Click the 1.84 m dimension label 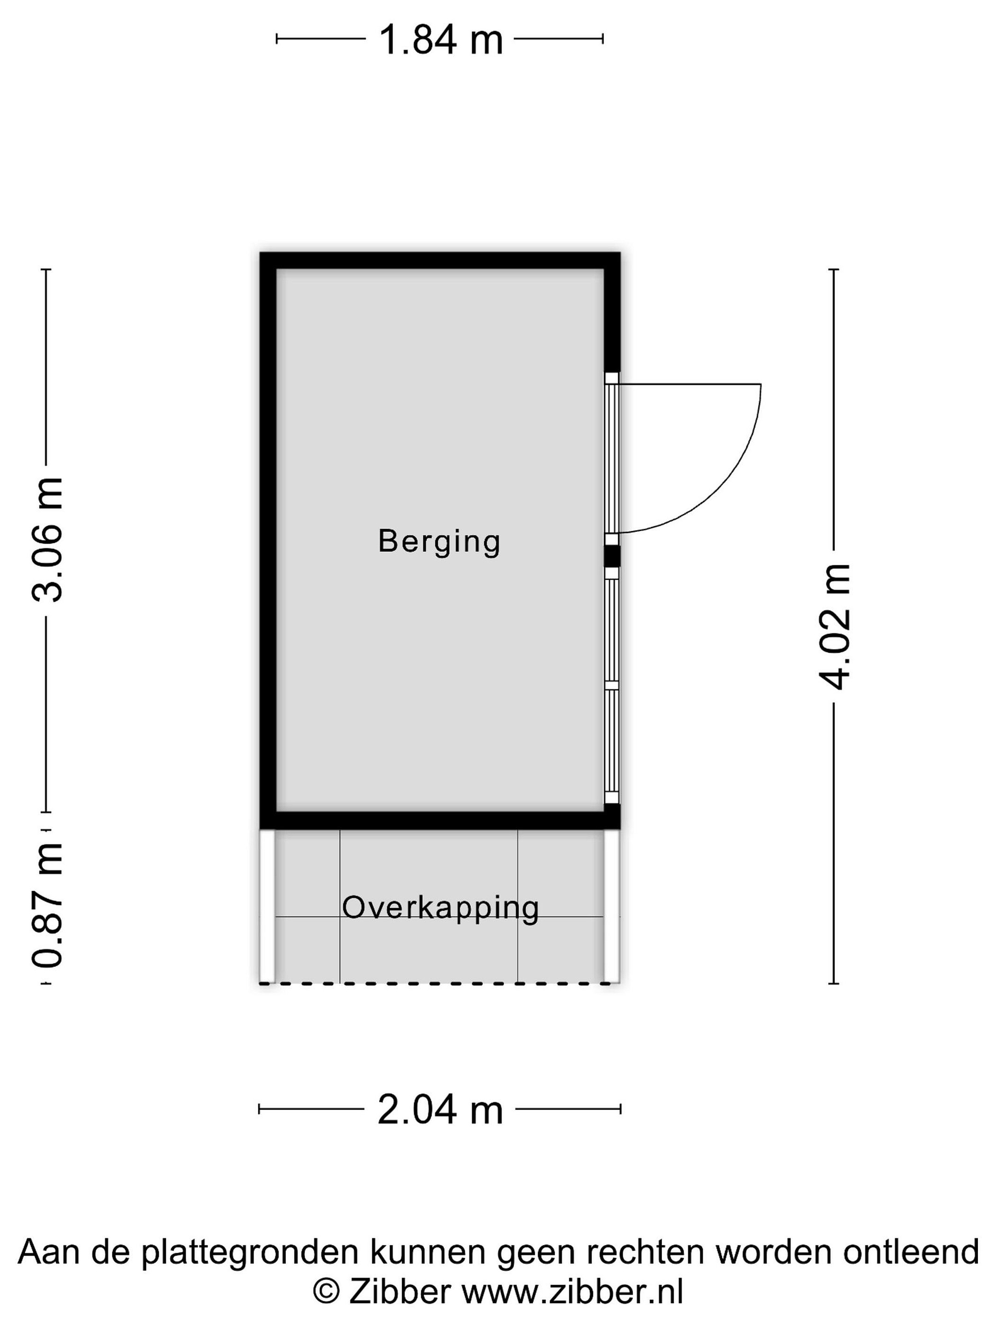pos(441,40)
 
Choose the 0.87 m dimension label pos(47,906)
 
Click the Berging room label pos(439,542)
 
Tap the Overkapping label pos(440,909)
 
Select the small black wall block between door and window pos(611,556)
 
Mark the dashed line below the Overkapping pos(435,983)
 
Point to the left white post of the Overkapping pos(267,906)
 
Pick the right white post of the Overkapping pos(611,906)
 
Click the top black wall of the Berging pos(439,260)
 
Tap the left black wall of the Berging pos(268,540)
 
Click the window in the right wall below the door pos(611,685)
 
